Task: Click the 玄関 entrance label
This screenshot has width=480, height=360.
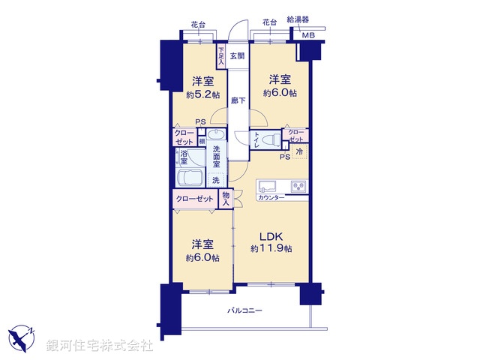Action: (237, 55)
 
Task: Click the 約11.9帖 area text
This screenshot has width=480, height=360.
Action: (271, 248)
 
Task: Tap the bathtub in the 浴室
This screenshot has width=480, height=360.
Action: (190, 179)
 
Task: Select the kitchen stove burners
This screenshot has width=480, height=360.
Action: (298, 185)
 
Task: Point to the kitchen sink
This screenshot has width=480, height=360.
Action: (268, 186)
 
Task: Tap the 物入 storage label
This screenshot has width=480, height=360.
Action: (226, 198)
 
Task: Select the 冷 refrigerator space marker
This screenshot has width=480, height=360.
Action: (299, 152)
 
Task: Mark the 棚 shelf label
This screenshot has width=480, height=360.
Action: (202, 140)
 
